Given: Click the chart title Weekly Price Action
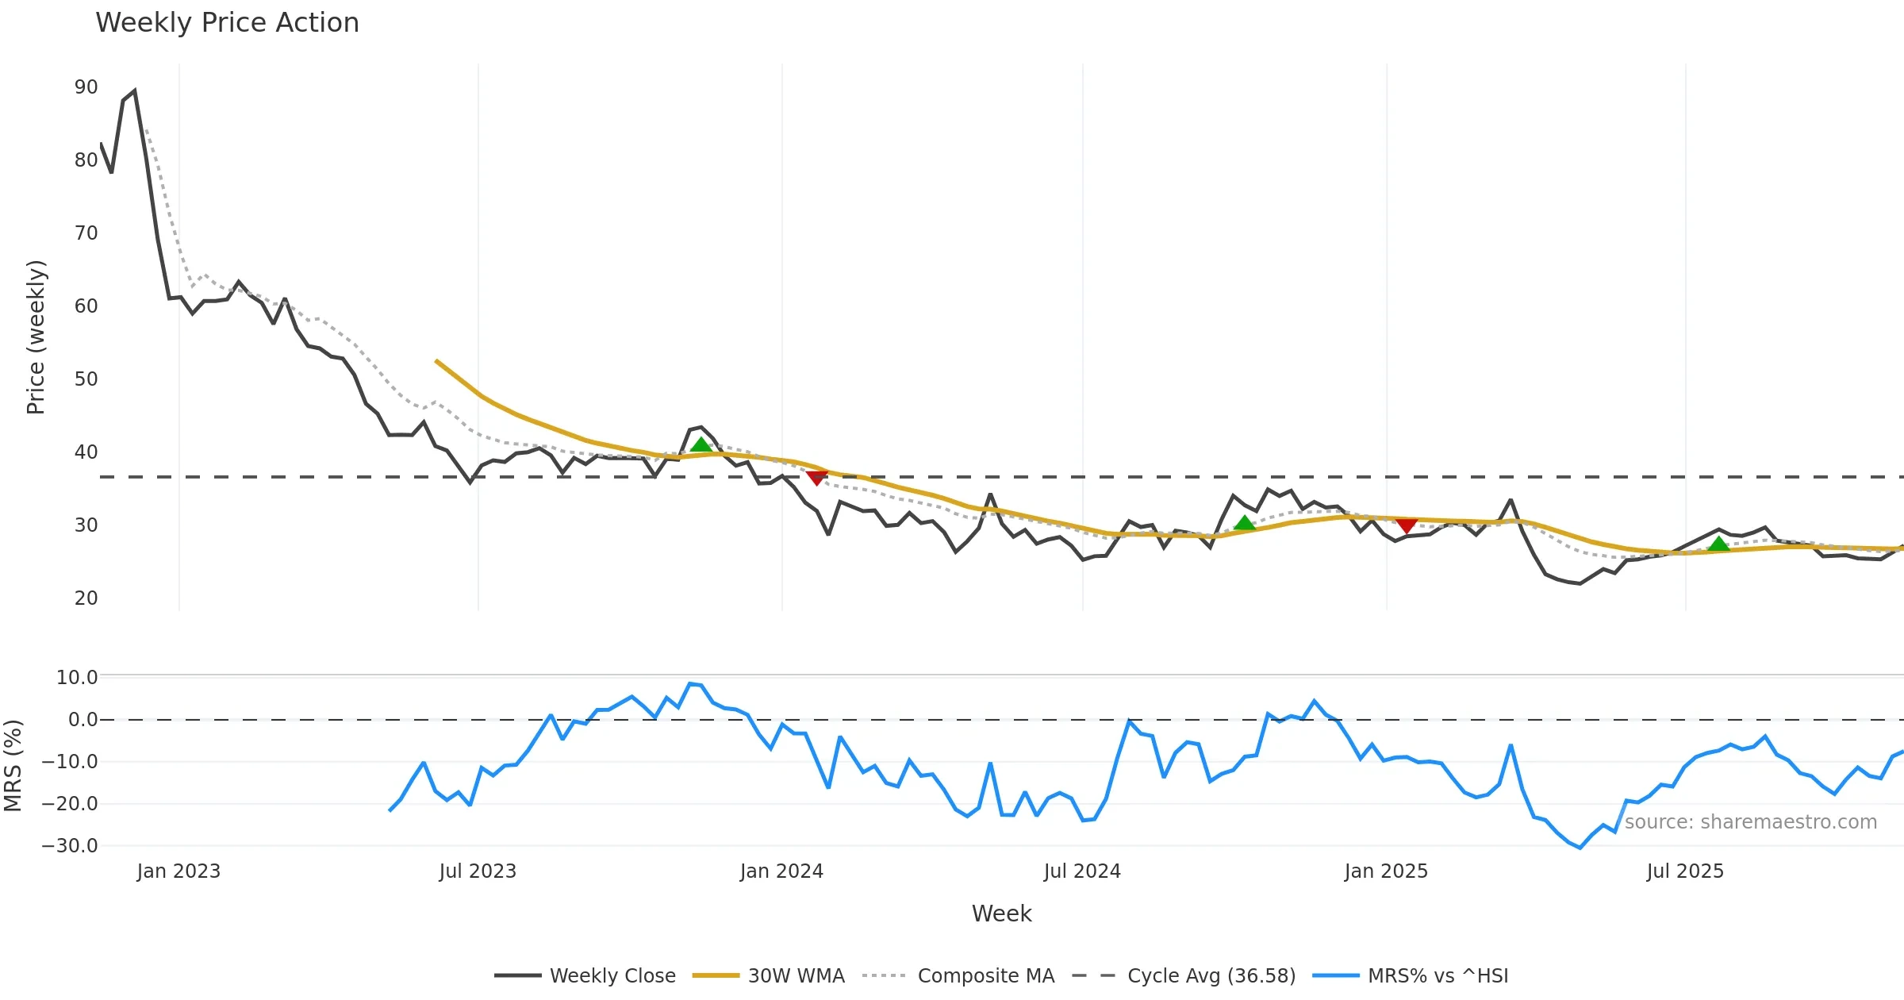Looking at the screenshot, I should [227, 23].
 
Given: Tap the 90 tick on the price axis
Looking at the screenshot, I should [86, 87].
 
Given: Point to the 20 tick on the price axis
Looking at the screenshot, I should [86, 598].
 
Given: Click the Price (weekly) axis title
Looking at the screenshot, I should [36, 337].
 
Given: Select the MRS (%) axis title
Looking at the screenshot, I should [13, 765].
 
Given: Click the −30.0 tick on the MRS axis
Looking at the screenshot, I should [70, 846].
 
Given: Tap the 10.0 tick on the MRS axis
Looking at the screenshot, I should [77, 678].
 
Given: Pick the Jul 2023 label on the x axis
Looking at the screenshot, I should [478, 871].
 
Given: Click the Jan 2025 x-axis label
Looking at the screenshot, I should [1386, 871].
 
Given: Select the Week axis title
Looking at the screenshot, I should [1001, 914].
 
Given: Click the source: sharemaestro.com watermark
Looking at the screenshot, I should [1750, 822].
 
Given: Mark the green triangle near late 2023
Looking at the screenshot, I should [701, 445].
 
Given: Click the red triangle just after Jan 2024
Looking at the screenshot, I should [816, 478].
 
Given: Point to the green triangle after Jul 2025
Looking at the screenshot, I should [1718, 544].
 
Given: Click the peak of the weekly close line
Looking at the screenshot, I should [135, 91].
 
